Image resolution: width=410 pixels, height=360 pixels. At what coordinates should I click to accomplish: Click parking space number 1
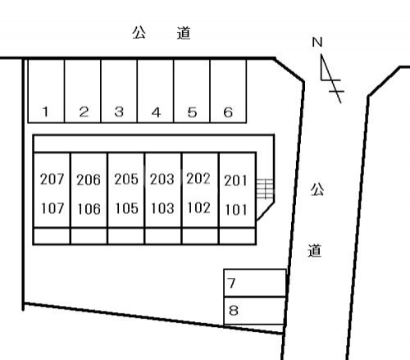tap(46, 91)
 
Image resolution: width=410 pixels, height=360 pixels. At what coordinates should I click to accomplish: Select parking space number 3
tap(119, 91)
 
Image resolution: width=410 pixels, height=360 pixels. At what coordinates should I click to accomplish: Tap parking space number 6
tap(228, 91)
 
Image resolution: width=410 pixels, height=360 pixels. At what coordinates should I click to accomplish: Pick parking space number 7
tap(255, 283)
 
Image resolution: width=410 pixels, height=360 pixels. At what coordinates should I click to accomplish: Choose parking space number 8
tap(254, 311)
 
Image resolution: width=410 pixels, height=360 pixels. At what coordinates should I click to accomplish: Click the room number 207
tap(52, 180)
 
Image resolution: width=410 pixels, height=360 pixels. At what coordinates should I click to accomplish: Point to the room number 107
tap(52, 208)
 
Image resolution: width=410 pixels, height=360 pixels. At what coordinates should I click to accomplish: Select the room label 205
tap(126, 180)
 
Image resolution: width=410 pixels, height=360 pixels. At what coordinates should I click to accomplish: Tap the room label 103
tap(162, 208)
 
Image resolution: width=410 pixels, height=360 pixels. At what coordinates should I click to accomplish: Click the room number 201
tap(235, 180)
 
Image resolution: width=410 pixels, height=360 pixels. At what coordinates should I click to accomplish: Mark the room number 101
tap(235, 210)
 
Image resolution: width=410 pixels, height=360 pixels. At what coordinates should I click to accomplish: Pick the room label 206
tap(89, 180)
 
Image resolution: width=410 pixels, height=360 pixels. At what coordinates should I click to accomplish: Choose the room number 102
tap(198, 207)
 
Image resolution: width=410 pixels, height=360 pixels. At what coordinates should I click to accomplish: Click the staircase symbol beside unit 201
tap(265, 189)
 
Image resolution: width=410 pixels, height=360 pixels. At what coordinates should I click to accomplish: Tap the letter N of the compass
tap(317, 42)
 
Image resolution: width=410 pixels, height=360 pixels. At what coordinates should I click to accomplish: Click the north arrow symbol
tap(332, 79)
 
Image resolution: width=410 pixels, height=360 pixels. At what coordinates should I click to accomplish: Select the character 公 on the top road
tap(139, 33)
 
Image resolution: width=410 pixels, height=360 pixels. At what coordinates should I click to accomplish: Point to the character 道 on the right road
tap(315, 250)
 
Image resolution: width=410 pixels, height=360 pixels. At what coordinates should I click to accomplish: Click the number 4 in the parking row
tap(156, 112)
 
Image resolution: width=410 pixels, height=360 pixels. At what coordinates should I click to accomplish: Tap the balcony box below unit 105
tap(126, 235)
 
